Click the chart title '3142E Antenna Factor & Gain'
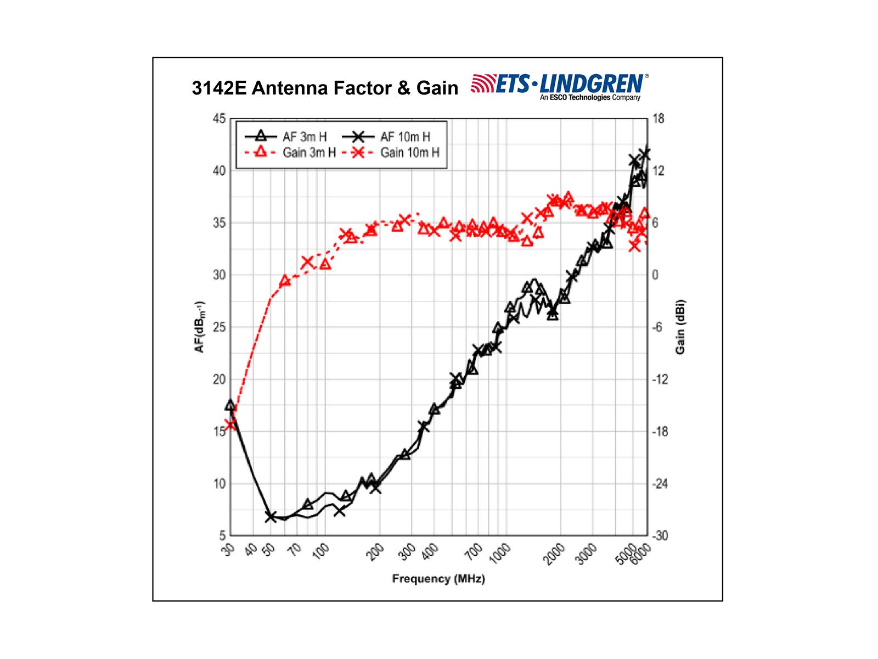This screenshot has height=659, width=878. pyautogui.click(x=325, y=88)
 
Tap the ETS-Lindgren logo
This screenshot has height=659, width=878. pyautogui.click(x=560, y=87)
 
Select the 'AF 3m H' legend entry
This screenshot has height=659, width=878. pyautogui.click(x=285, y=136)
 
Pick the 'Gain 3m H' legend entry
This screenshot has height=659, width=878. pyautogui.click(x=289, y=152)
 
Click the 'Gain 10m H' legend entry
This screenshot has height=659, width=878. pyautogui.click(x=391, y=152)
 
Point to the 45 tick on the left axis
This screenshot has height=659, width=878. pyautogui.click(x=218, y=119)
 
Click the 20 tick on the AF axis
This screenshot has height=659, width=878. pyautogui.click(x=218, y=379)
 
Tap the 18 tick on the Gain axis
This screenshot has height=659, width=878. pyautogui.click(x=657, y=119)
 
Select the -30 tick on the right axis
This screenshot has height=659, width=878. pyautogui.click(x=660, y=535)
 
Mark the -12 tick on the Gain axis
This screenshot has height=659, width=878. pyautogui.click(x=660, y=379)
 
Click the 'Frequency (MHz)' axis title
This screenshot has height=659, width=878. pyautogui.click(x=438, y=579)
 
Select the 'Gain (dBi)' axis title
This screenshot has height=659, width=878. pyautogui.click(x=680, y=327)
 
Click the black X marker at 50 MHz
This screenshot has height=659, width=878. pyautogui.click(x=271, y=517)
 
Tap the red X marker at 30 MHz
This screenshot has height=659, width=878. pyautogui.click(x=231, y=424)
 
